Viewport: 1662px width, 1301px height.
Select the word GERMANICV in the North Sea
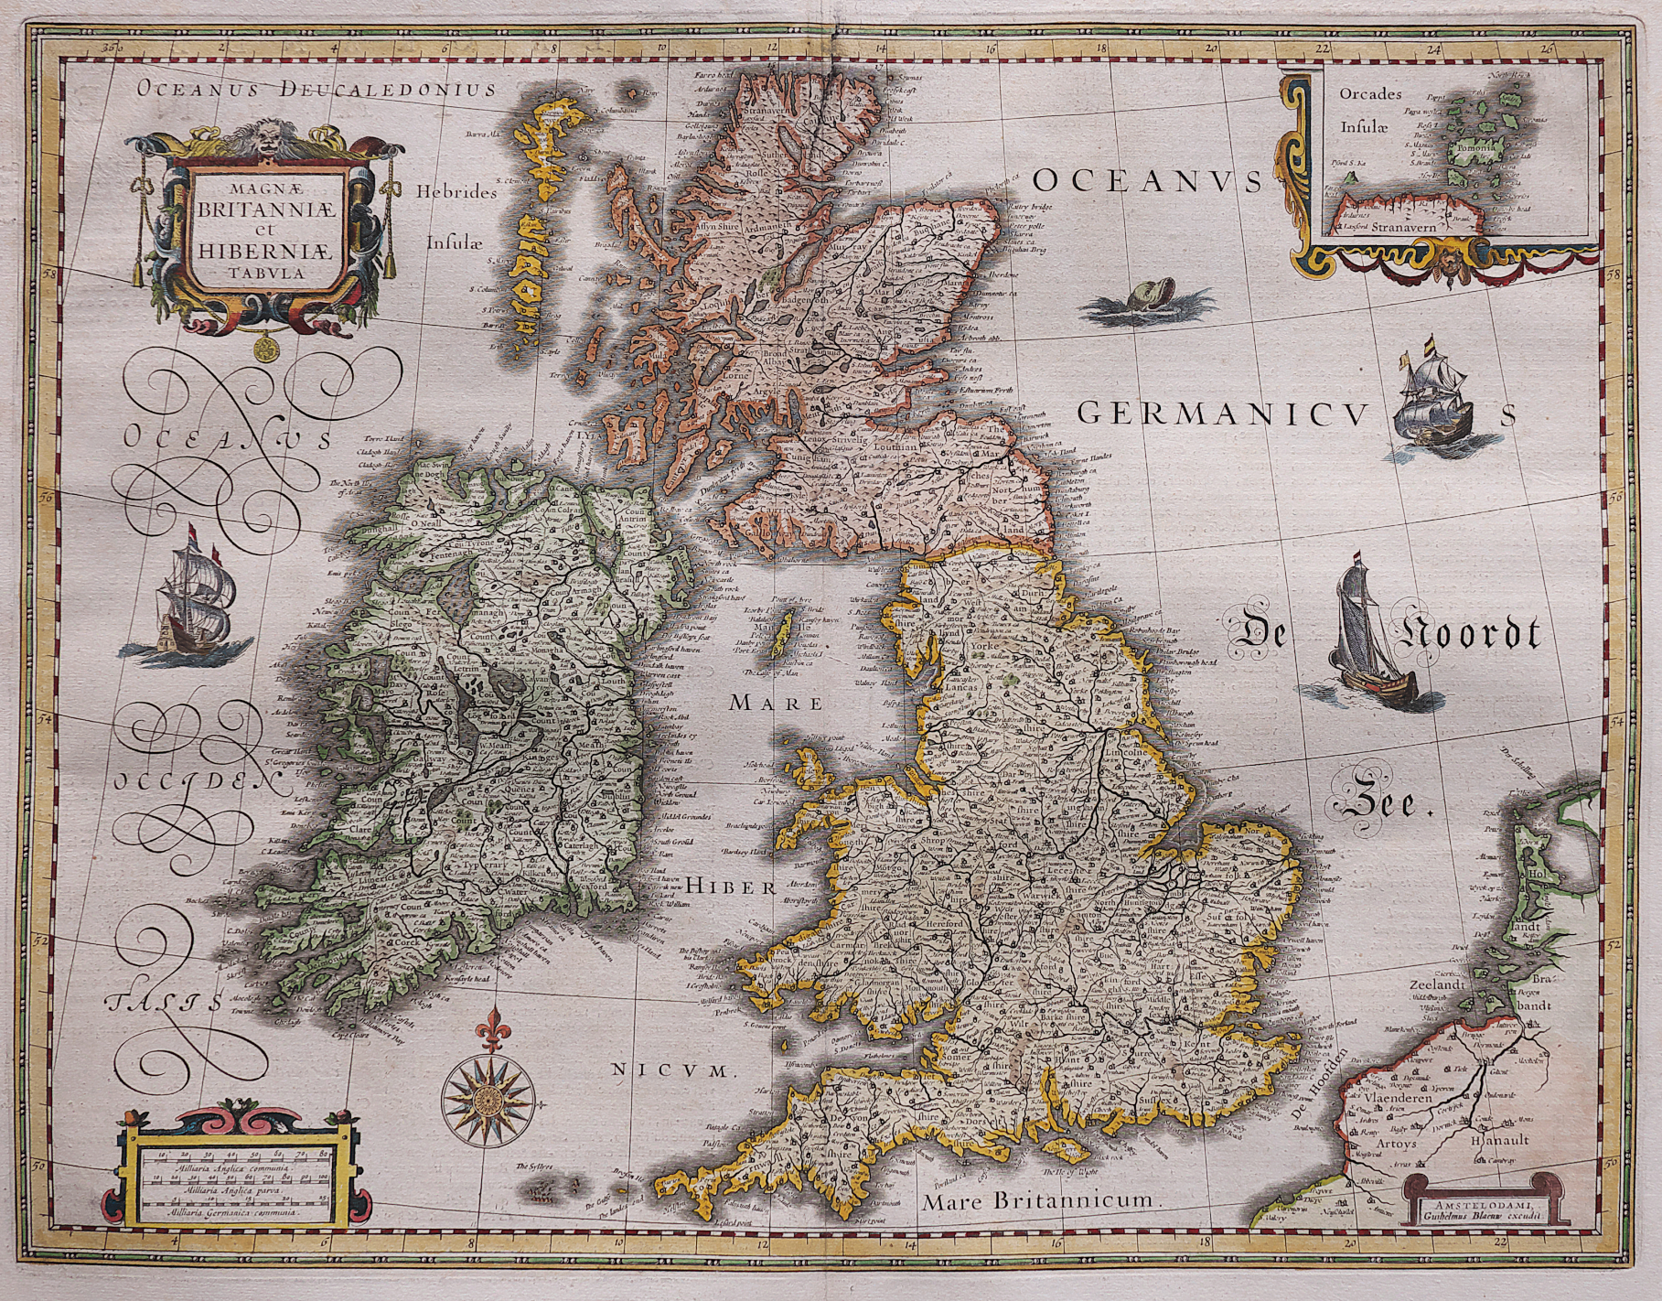1226,414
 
